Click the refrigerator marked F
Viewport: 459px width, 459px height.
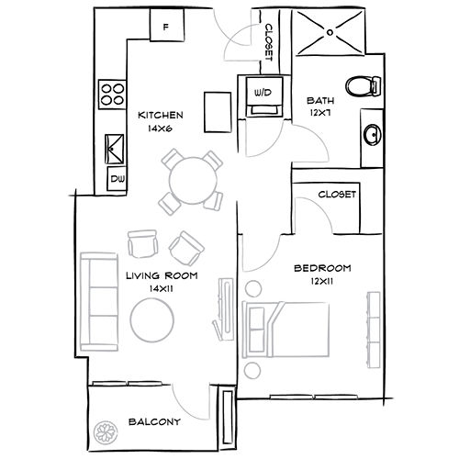[165, 28]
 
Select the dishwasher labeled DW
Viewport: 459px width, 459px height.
[118, 178]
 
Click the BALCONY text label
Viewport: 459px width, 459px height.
[154, 423]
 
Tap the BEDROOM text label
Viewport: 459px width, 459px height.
[322, 267]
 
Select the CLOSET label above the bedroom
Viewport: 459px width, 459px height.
[336, 195]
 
